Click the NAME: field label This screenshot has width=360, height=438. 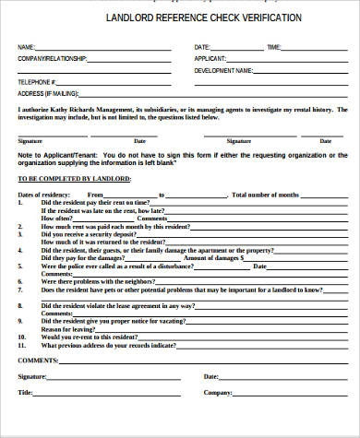click(26, 47)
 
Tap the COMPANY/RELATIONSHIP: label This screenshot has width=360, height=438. click(52, 58)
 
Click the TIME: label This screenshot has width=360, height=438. click(274, 47)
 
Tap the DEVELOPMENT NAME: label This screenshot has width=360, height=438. click(224, 70)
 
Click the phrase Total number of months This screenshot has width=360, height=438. click(265, 195)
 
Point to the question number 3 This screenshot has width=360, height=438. click(20, 226)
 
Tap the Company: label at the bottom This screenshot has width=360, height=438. click(218, 392)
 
